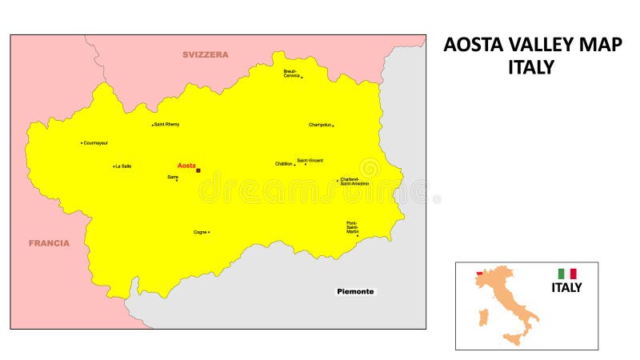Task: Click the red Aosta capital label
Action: click(x=186, y=166)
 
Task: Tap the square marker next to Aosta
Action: click(x=198, y=170)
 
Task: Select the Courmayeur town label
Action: click(x=96, y=143)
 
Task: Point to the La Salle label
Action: click(x=123, y=166)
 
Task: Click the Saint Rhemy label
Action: click(x=167, y=124)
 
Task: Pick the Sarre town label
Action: click(x=172, y=176)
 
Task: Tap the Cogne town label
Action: click(x=200, y=232)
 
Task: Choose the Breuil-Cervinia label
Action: click(x=291, y=73)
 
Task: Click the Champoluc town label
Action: click(x=320, y=125)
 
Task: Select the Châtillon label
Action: click(x=284, y=164)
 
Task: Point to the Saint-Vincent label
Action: click(x=310, y=160)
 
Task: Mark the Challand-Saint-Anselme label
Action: click(x=354, y=182)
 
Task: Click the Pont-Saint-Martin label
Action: click(x=353, y=227)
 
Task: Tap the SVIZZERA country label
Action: click(x=205, y=54)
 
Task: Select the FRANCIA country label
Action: click(x=49, y=243)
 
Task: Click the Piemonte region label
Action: click(x=354, y=292)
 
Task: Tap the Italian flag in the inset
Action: click(x=567, y=274)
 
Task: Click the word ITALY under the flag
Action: click(x=566, y=288)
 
